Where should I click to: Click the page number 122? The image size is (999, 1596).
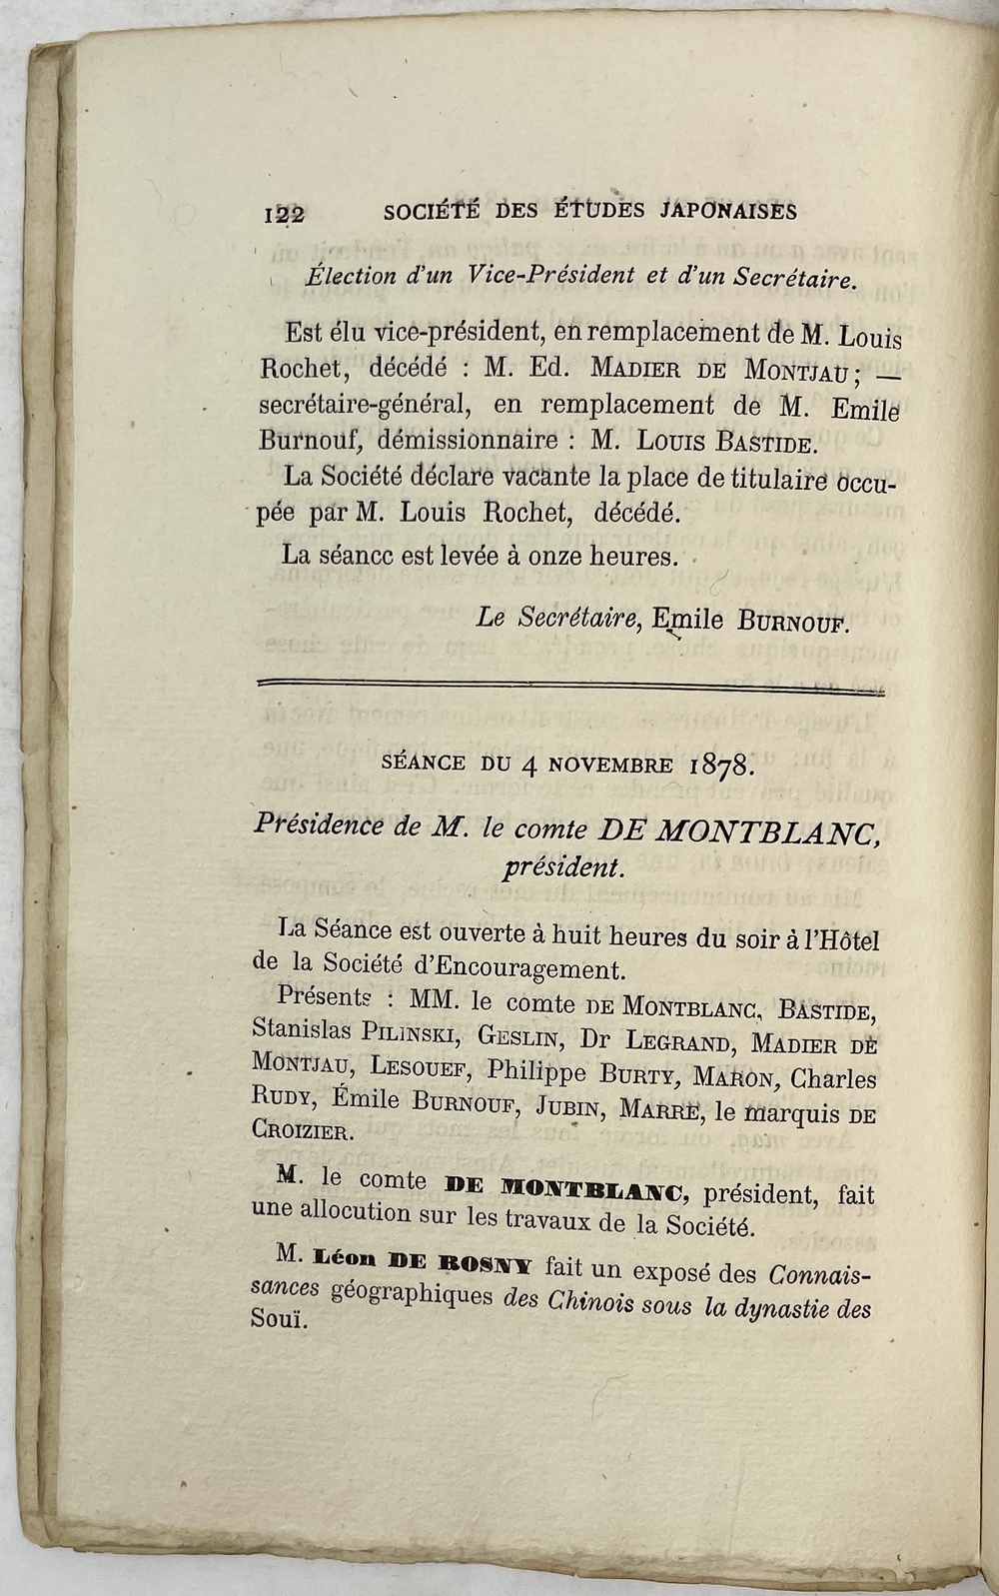coord(284,213)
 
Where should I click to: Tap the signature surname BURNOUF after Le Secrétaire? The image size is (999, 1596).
coord(794,621)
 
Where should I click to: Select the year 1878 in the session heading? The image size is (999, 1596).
coord(722,766)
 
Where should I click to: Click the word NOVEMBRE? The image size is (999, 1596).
coord(597,765)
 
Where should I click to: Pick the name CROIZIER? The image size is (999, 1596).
coord(301,1133)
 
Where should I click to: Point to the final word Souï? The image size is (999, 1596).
coord(275,1319)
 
